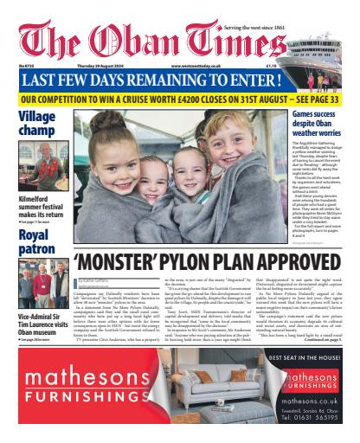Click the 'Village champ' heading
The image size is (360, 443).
(35, 124)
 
